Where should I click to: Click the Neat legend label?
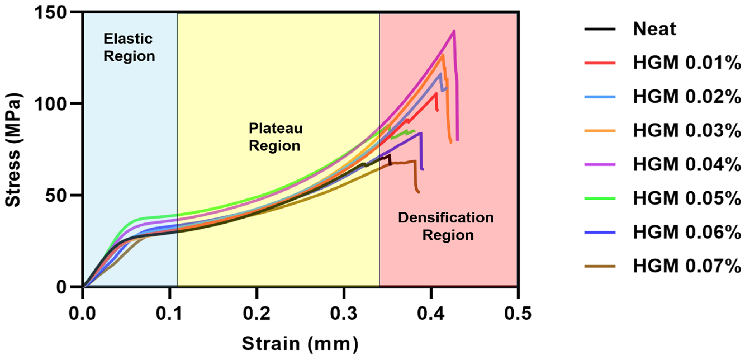[x=654, y=29]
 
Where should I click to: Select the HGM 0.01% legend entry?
[x=687, y=63]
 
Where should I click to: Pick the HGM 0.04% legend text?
[x=687, y=164]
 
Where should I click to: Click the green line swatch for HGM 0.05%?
[x=600, y=198]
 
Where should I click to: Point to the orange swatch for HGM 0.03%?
[x=600, y=131]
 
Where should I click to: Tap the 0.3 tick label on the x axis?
[x=344, y=313]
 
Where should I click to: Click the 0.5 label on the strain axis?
[x=518, y=313]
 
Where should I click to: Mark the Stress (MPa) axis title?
[x=13, y=150]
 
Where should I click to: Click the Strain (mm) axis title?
[x=300, y=344]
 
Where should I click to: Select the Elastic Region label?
[x=129, y=48]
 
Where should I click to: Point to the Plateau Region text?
[x=275, y=137]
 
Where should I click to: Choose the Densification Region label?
[x=446, y=226]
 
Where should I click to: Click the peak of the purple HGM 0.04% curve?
[x=454, y=31]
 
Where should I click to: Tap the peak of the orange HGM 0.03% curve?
[x=443, y=55]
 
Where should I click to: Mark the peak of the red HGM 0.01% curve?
[x=436, y=93]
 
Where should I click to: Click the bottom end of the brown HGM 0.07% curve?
[x=419, y=192]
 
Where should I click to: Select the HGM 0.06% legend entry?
[x=687, y=232]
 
